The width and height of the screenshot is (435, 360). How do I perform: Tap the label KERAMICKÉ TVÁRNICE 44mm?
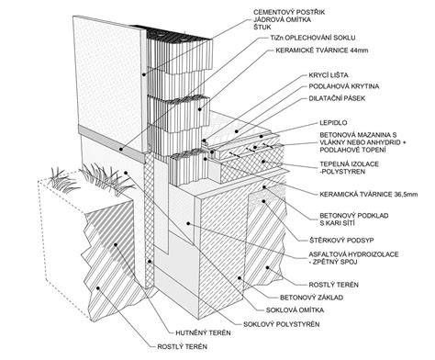pos(322,51)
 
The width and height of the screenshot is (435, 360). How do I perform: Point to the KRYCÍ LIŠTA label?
pos(329,75)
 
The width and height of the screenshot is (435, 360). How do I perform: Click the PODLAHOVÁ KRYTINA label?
pos(344,86)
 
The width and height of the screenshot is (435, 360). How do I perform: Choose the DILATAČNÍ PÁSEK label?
pos(337,98)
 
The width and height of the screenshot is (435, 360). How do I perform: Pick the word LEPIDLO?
pos(333,123)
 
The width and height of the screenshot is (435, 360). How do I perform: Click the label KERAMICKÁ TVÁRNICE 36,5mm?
pos(369,195)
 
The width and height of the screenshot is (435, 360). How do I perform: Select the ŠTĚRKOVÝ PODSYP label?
pos(341,241)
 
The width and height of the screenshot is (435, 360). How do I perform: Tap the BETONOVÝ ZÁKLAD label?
pos(311,298)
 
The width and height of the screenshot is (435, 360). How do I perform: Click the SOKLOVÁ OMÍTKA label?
pos(295,310)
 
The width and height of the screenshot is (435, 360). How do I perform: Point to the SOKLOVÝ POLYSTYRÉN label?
pos(282,324)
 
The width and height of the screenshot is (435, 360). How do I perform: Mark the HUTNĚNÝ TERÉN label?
pos(203,332)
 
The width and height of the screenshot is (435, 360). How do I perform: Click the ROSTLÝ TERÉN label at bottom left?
pos(183,347)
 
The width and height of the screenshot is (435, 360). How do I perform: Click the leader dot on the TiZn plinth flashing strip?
pos(121,150)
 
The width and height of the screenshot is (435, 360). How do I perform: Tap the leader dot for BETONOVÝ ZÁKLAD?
pos(240,278)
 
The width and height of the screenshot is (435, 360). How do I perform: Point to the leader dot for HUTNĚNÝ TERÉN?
pos(116,244)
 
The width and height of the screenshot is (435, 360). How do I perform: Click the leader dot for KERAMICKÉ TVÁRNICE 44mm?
pos(199,109)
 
